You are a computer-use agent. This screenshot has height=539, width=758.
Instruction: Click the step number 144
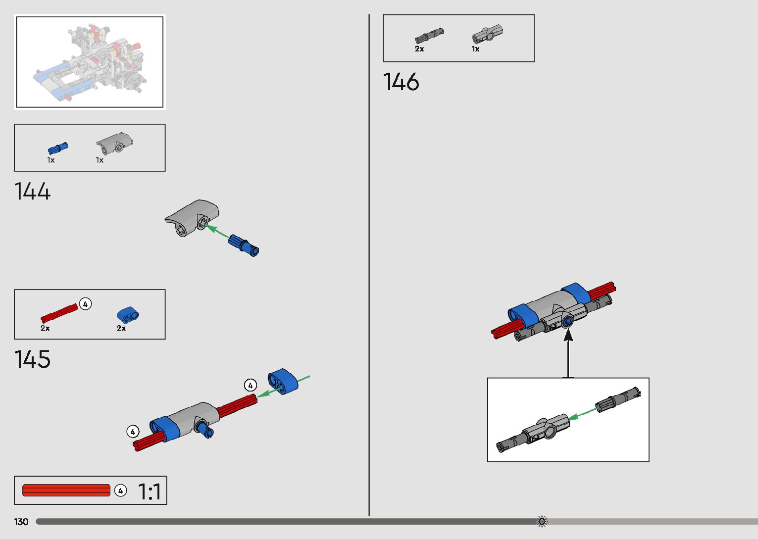pos(33,192)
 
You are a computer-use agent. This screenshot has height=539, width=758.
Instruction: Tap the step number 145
pos(33,359)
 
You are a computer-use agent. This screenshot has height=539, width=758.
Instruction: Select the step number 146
pos(401,82)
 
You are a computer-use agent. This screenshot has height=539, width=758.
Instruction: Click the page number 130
pos(21,522)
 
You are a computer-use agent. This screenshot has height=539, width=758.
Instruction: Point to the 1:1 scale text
pos(149,492)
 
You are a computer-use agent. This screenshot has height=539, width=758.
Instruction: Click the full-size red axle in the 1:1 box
pos(66,490)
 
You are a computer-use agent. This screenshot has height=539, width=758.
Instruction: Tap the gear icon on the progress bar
pos(542,521)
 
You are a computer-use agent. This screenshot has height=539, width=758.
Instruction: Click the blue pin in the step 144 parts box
pos(58,148)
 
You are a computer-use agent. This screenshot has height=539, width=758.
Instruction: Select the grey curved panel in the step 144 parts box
pos(114,142)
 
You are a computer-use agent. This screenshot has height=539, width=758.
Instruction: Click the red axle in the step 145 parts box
pos(59,313)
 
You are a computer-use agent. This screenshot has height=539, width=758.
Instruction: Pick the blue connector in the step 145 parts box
pos(128,315)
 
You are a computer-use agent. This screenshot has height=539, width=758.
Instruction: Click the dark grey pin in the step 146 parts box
pos(429,35)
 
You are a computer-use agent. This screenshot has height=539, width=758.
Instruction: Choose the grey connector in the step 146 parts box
pos(487,34)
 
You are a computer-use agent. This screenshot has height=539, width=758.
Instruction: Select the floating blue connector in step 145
pos(283,381)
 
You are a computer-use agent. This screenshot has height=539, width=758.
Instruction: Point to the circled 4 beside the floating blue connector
pos(251,385)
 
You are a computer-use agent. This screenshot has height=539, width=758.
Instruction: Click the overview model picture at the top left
pos(90,62)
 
